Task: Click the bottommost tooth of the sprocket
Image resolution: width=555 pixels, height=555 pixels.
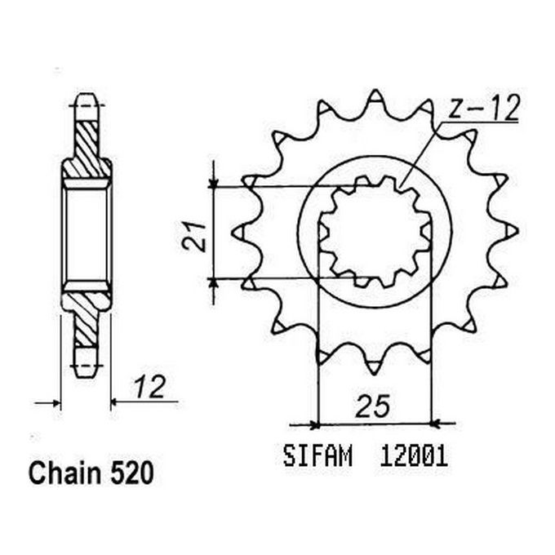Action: tap(375, 367)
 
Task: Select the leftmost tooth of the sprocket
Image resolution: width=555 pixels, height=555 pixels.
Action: tap(241, 233)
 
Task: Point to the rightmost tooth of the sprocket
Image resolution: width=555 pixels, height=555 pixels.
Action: tap(510, 233)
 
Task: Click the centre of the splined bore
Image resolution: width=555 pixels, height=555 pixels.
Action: tap(375, 233)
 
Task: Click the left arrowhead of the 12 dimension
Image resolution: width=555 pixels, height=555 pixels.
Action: tap(55, 402)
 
